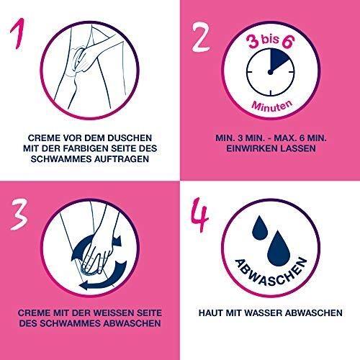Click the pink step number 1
(x=18, y=34)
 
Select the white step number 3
(x=19, y=214)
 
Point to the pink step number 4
(x=199, y=215)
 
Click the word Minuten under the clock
(x=272, y=106)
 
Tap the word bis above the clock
(x=270, y=39)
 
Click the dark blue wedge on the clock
(x=279, y=59)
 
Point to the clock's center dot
(x=270, y=72)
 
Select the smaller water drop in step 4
(x=260, y=228)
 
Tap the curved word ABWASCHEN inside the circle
(x=271, y=273)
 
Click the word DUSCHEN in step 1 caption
(x=130, y=138)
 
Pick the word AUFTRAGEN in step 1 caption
(x=122, y=159)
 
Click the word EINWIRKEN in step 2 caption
(x=252, y=148)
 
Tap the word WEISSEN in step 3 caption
(x=113, y=312)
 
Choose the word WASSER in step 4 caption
(x=264, y=312)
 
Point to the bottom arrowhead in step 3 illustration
(x=84, y=286)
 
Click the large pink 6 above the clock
(x=288, y=42)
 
